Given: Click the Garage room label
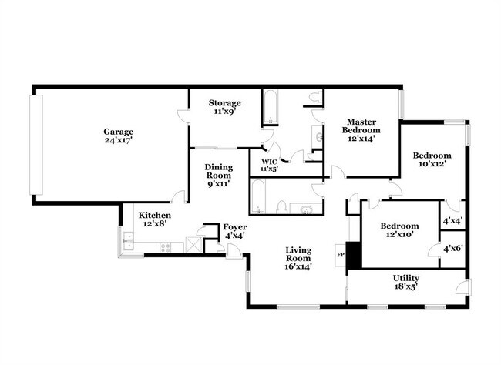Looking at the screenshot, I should (x=119, y=131).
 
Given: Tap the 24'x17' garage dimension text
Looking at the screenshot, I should (x=119, y=140).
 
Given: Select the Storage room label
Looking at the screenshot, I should (x=225, y=102).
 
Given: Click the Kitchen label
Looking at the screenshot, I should (x=154, y=215).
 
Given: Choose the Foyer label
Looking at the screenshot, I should (x=235, y=226).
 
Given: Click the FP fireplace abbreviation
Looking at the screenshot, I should (x=339, y=253).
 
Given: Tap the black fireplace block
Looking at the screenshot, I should (x=353, y=255).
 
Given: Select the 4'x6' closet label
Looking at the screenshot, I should (x=452, y=248).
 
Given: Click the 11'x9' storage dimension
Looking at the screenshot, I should (x=225, y=112).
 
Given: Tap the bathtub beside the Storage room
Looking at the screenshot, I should (x=271, y=109).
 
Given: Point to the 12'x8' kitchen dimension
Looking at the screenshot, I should (x=154, y=224).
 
